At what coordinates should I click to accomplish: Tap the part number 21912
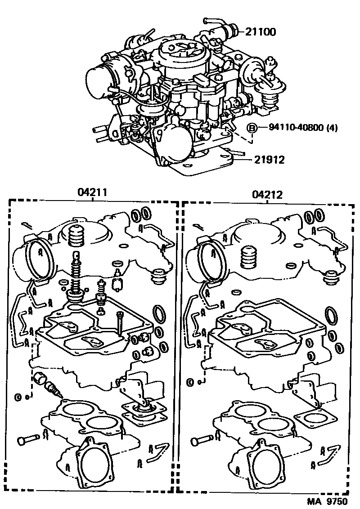(269, 160)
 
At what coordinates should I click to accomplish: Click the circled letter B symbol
(252, 128)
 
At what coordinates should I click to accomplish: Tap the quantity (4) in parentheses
(332, 128)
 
